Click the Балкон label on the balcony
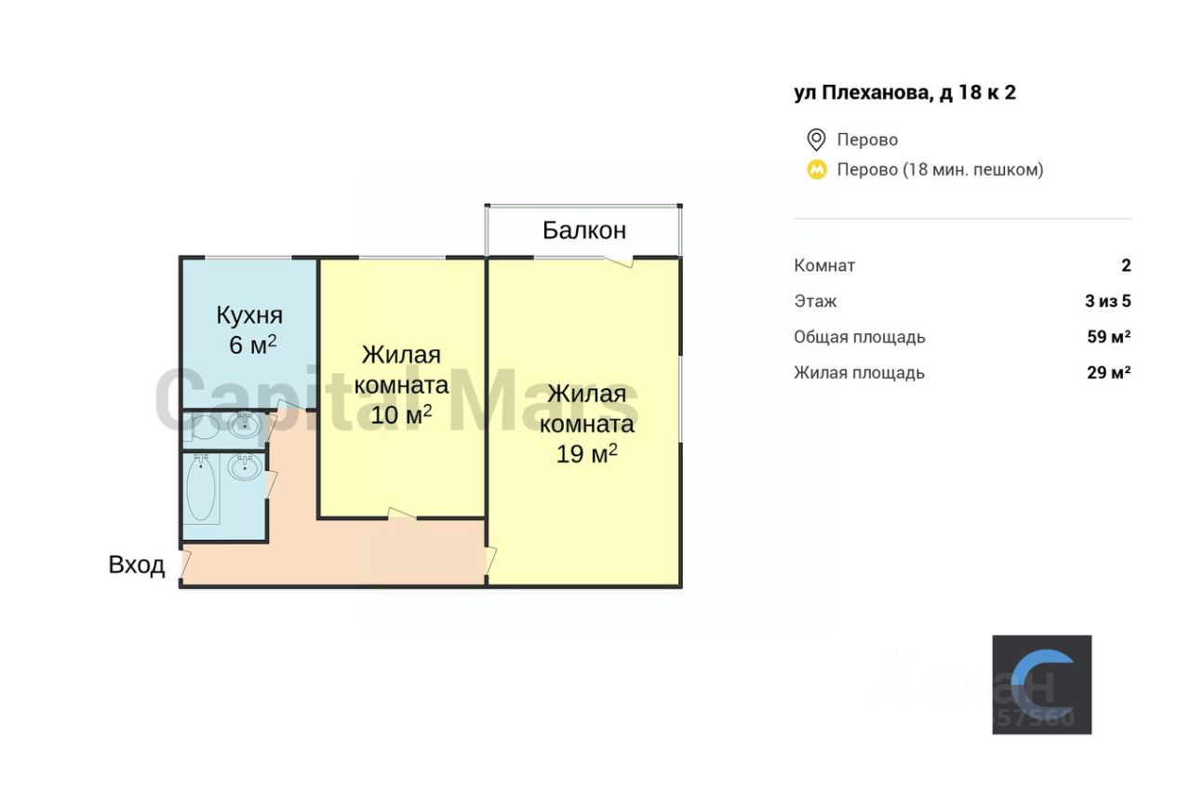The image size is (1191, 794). click(x=584, y=230)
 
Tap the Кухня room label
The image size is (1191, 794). click(x=249, y=315)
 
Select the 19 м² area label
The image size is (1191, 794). click(x=587, y=455)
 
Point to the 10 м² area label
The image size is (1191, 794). click(x=401, y=415)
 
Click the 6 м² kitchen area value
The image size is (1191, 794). click(x=252, y=345)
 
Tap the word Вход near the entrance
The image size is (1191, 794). click(x=137, y=565)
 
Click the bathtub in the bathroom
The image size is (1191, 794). click(x=202, y=491)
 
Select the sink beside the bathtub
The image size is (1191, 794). click(x=245, y=467)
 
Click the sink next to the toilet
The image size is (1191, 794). click(x=245, y=426)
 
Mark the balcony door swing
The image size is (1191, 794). click(x=619, y=261)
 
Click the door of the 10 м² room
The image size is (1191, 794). click(x=401, y=514)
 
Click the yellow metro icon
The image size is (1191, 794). click(x=816, y=169)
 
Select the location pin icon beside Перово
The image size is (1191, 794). click(x=816, y=140)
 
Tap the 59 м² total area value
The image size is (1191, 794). click(x=1108, y=337)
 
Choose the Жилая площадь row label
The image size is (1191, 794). click(x=859, y=372)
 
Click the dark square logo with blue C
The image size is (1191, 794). click(x=1041, y=684)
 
